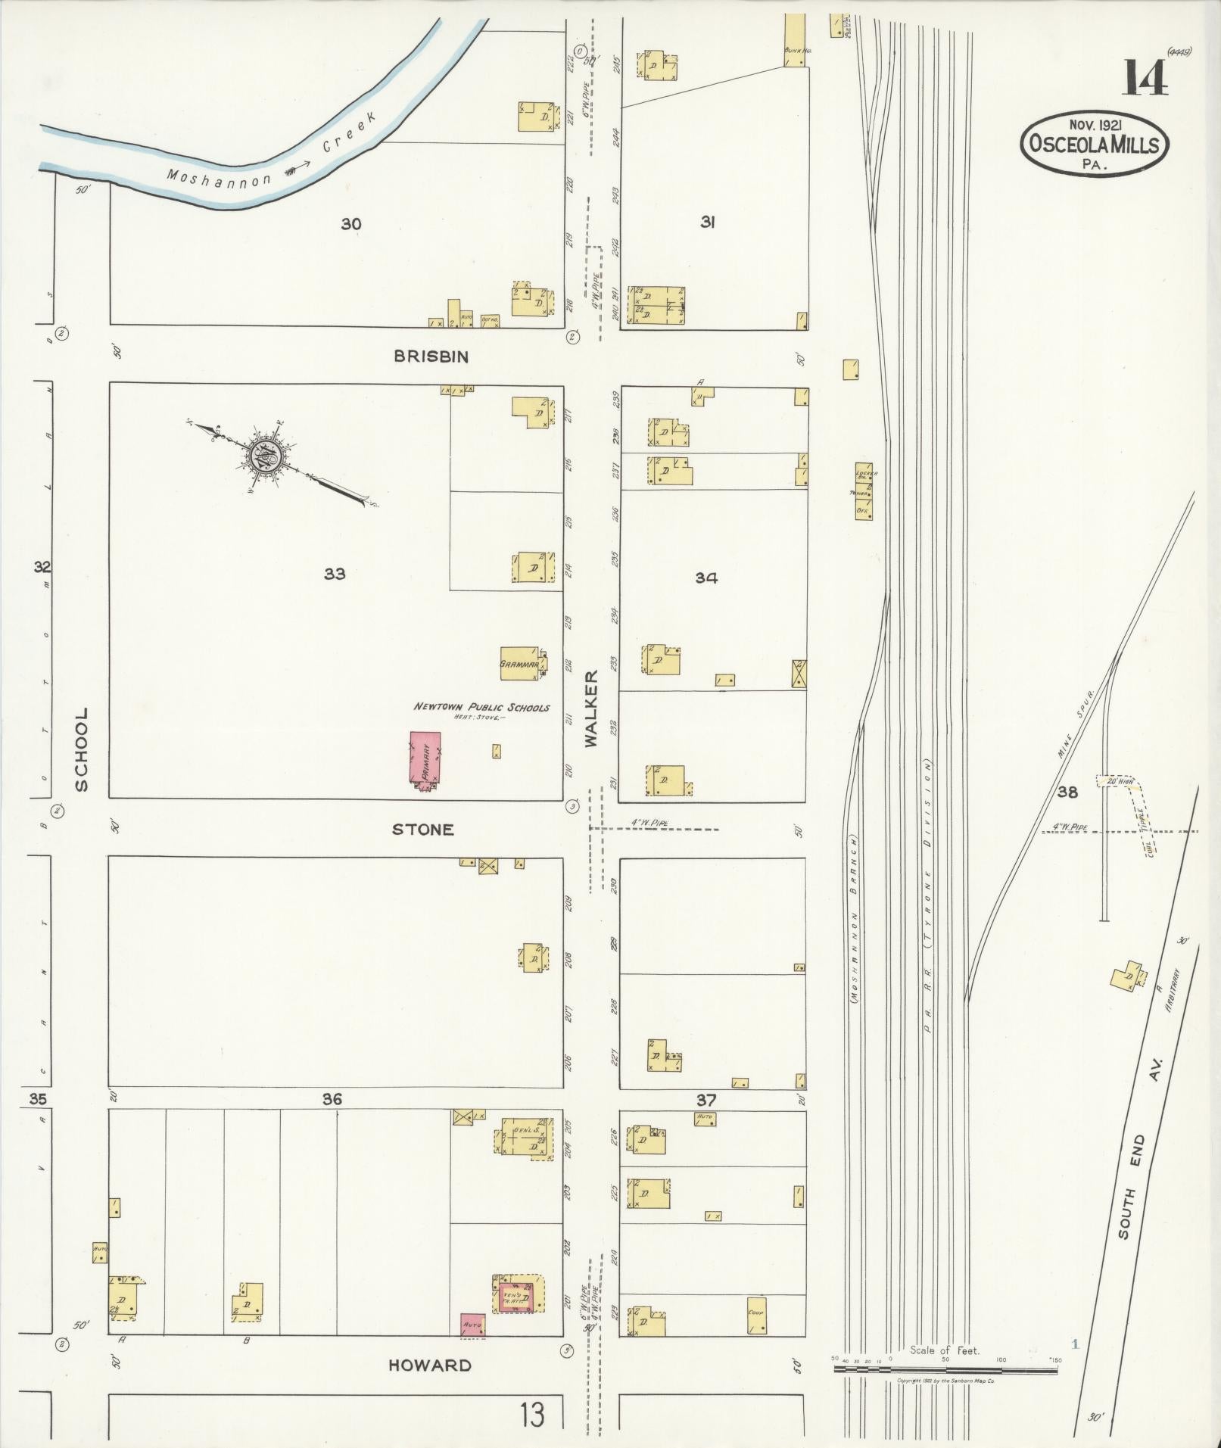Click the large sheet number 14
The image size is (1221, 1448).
click(1144, 76)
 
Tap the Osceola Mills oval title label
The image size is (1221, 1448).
click(1094, 144)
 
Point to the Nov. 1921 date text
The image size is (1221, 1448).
click(1094, 123)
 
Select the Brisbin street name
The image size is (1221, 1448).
click(431, 357)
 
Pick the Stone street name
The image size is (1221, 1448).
click(422, 830)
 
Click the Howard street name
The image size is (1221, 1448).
click(429, 1365)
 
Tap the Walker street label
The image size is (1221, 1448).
click(591, 708)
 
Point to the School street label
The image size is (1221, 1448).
click(81, 749)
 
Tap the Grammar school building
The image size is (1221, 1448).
click(520, 663)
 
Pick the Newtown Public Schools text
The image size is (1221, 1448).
click(481, 707)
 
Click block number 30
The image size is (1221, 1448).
click(350, 224)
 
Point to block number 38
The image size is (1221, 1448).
click(1067, 793)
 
